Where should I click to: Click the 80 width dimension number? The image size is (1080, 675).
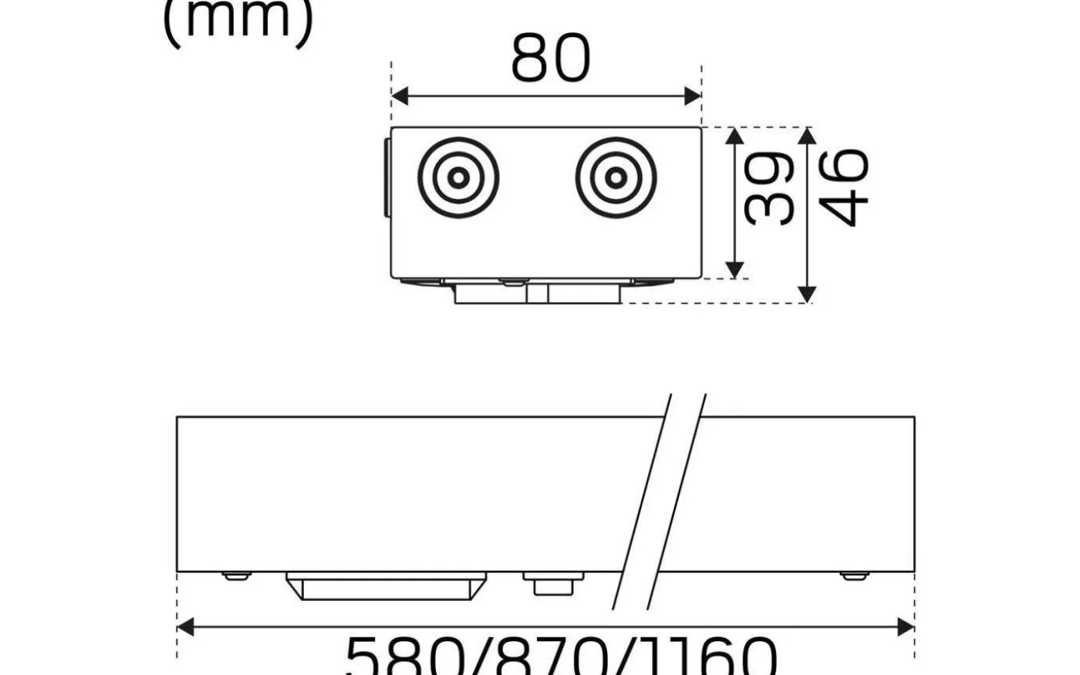click(550, 59)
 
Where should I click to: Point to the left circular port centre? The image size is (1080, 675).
click(458, 177)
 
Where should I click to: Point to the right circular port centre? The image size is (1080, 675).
click(615, 177)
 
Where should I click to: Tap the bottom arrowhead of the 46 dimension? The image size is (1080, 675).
click(807, 294)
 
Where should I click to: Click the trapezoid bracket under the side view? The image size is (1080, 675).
click(386, 586)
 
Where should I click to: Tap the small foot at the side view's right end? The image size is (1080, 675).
click(852, 575)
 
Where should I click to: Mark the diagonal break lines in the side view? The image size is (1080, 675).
click(660, 501)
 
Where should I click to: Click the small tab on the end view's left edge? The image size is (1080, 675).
click(387, 178)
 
